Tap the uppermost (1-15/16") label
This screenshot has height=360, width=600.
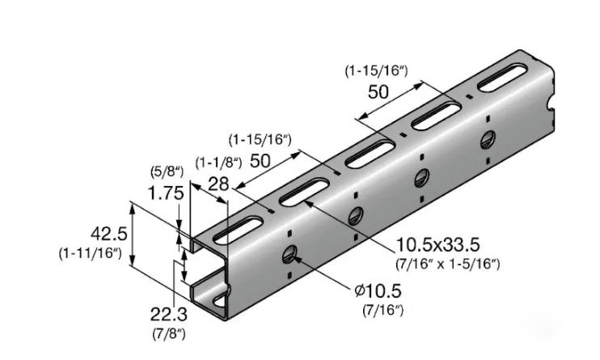(376, 71)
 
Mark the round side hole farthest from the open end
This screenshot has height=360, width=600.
(488, 138)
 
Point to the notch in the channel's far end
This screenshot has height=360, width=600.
(551, 105)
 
